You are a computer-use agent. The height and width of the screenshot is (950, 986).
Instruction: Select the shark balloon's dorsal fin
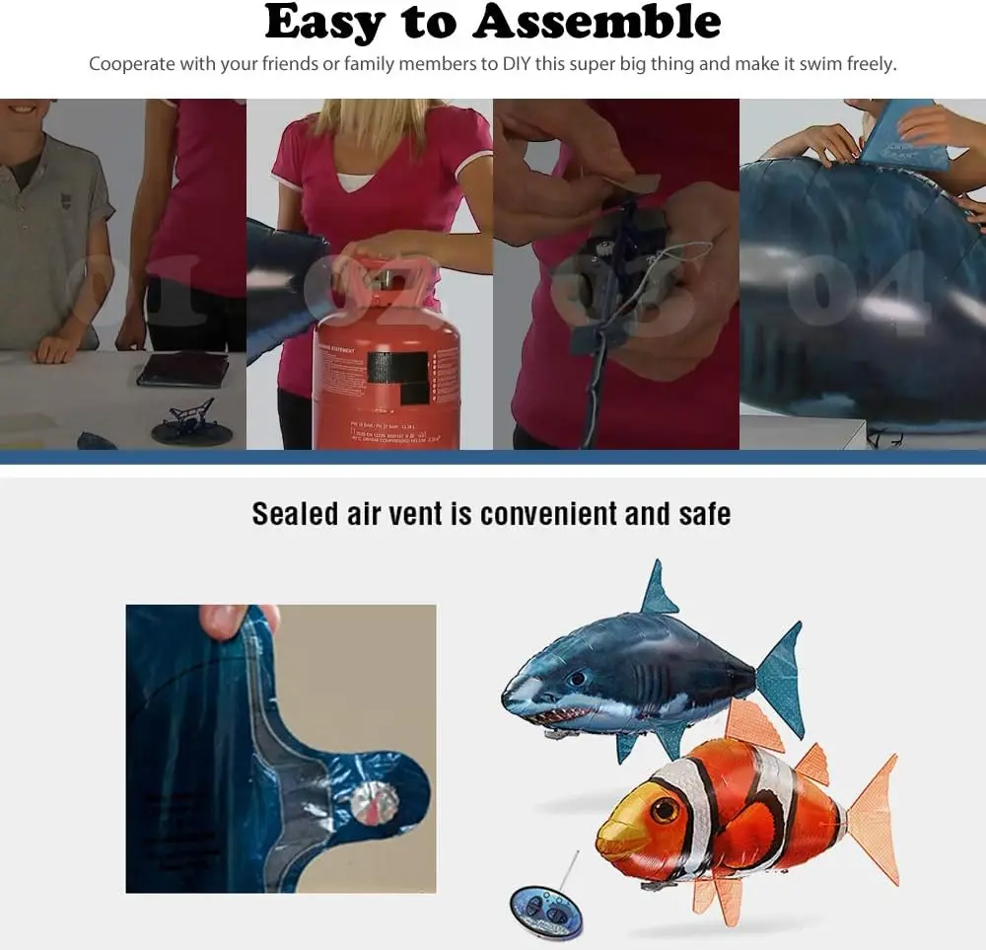[x=658, y=591]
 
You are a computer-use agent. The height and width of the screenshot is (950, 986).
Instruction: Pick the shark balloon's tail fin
[x=782, y=679]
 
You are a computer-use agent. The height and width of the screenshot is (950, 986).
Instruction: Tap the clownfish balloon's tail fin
[x=874, y=819]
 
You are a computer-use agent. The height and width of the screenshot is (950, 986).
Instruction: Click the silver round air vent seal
[x=374, y=805]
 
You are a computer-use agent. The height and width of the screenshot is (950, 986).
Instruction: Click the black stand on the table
[x=191, y=423]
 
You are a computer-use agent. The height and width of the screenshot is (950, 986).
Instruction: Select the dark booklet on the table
[x=182, y=369]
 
